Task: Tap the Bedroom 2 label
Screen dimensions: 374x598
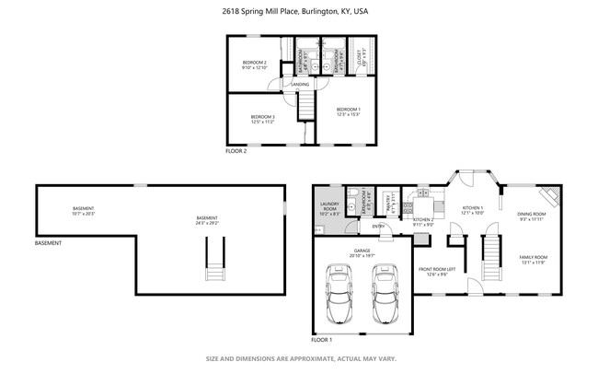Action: [x=254, y=65]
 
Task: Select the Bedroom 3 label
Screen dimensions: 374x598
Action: [x=263, y=119]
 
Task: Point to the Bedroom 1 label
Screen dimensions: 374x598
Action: [x=348, y=112]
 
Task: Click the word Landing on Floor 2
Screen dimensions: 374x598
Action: [x=300, y=85]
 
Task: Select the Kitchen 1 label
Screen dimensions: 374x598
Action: [x=472, y=210]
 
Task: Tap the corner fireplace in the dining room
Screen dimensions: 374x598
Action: [x=550, y=196]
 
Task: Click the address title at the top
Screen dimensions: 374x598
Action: [x=299, y=11]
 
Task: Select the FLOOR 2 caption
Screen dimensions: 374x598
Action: [x=236, y=150]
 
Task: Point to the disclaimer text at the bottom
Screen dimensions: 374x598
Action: [x=299, y=358]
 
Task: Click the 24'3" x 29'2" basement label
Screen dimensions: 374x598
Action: [x=206, y=220]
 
